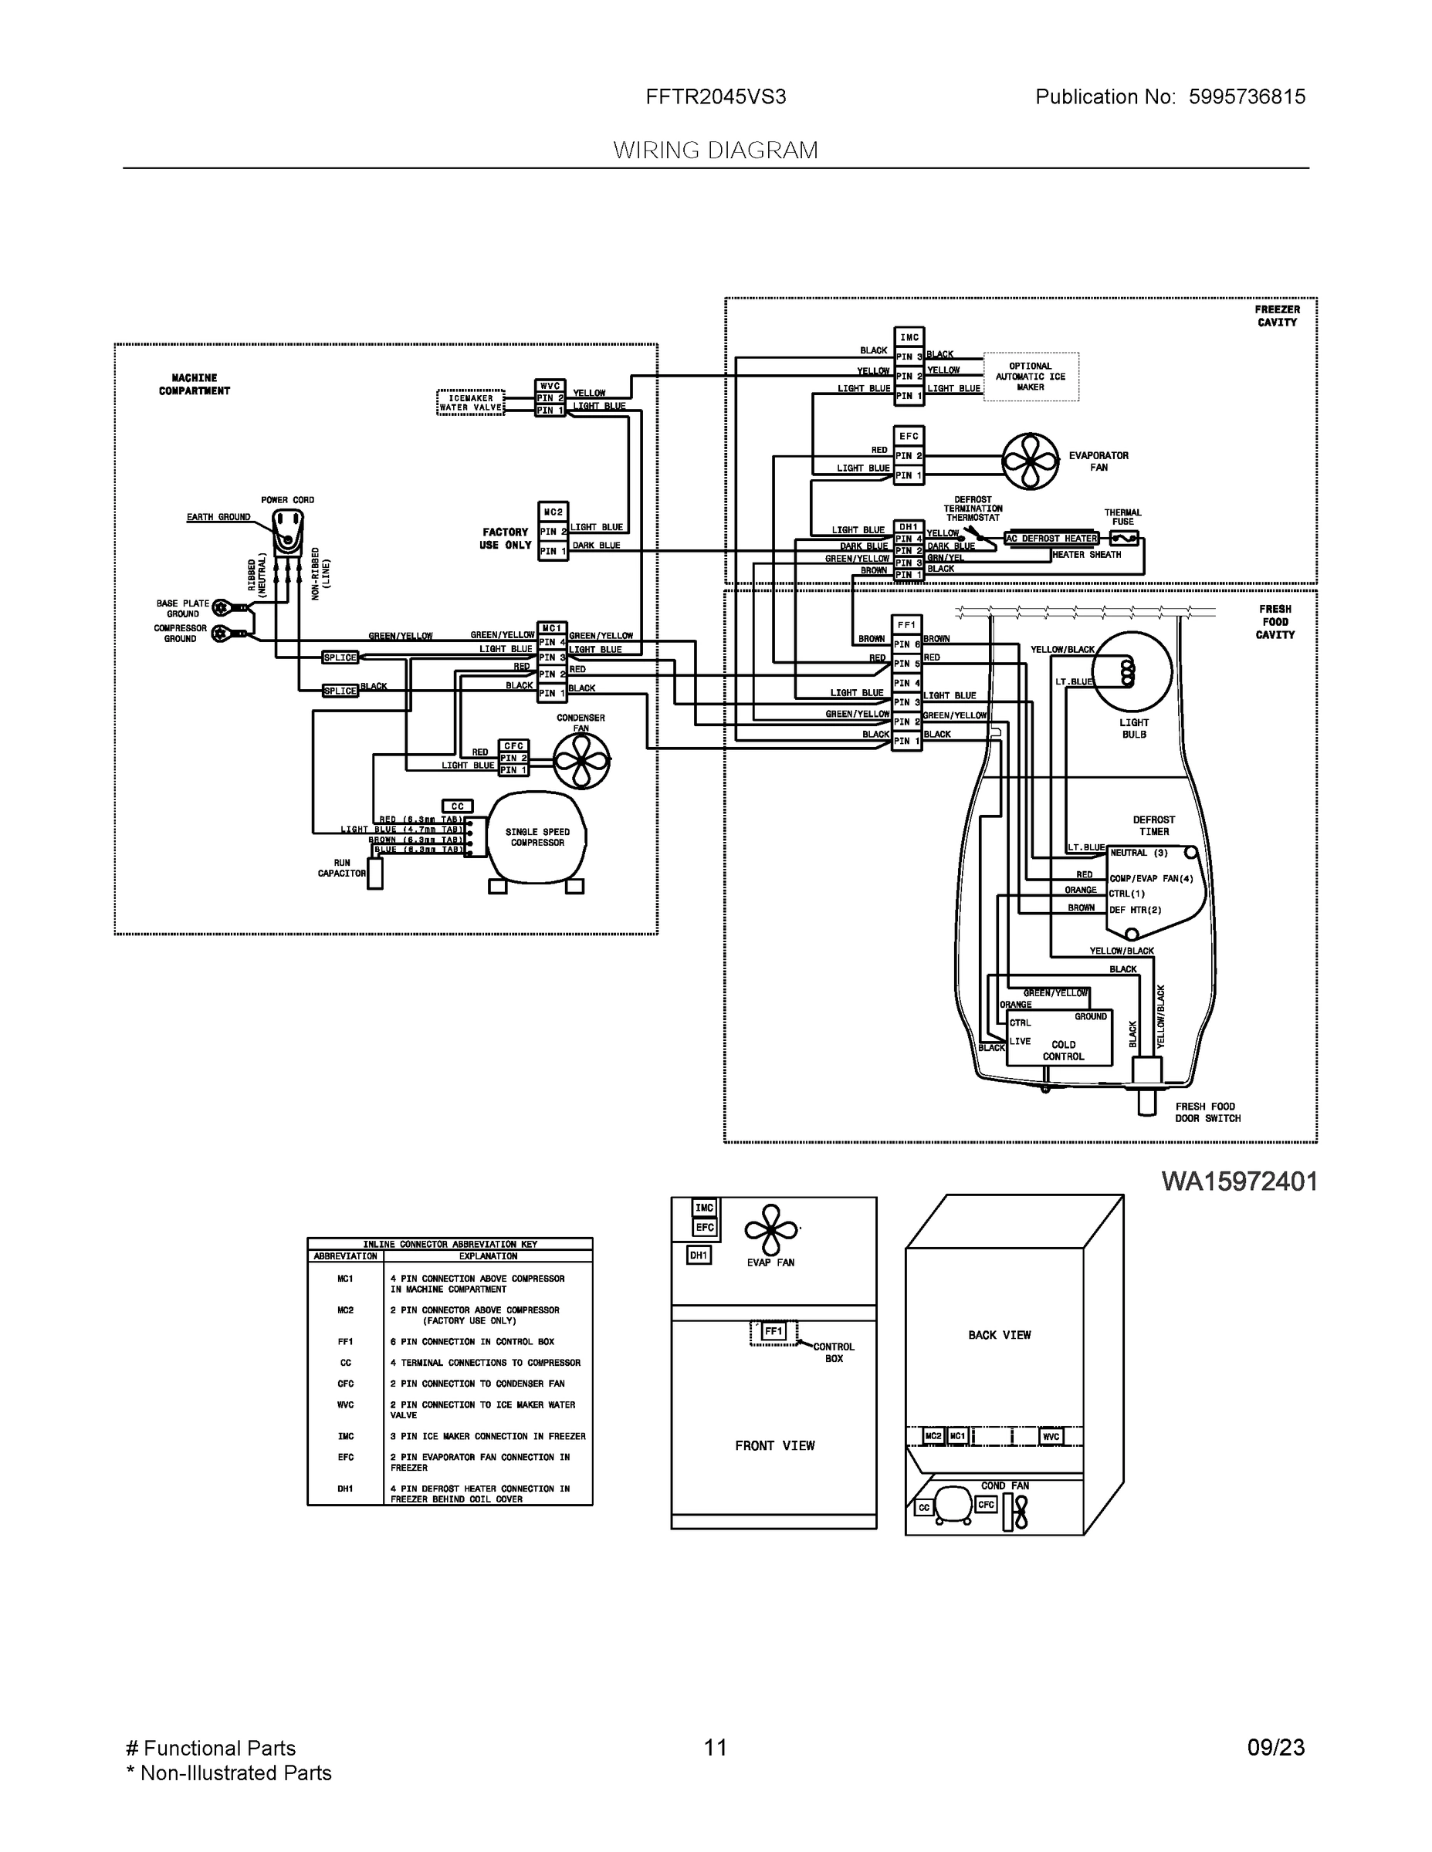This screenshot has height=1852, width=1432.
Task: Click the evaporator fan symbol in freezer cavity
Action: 1031,461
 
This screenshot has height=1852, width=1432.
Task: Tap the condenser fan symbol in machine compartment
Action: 582,761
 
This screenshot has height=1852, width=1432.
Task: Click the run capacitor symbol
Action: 375,874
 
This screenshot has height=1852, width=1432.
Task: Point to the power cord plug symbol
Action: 288,532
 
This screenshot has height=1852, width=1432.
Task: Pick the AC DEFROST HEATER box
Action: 1052,539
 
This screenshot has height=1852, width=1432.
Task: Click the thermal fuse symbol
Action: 1124,539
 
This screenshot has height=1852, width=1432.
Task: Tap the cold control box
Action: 1058,1037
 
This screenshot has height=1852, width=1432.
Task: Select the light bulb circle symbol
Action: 1132,671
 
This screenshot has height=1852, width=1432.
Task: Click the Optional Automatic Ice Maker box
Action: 1031,377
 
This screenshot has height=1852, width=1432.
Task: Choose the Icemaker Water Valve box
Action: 471,403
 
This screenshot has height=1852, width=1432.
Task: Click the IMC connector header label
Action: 909,336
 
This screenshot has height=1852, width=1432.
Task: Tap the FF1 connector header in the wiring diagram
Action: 907,625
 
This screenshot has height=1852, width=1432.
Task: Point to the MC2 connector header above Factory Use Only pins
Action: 554,512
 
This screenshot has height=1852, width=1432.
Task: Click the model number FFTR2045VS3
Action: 716,96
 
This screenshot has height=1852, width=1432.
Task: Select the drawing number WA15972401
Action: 1240,1181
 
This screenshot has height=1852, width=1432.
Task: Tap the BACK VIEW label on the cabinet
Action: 1000,1335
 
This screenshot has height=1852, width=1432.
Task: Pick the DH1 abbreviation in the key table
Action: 345,1489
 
